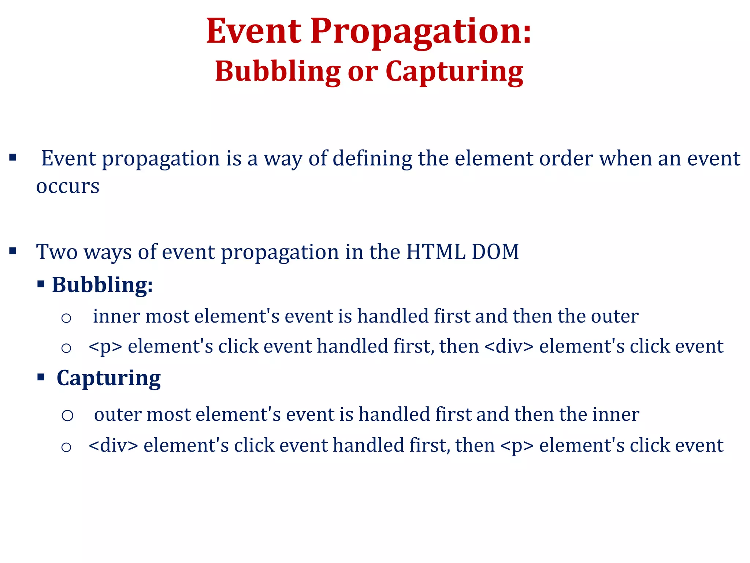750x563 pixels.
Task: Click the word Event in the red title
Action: [x=253, y=32]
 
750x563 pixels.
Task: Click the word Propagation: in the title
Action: [x=421, y=32]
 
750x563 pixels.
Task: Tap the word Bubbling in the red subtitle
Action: [x=278, y=71]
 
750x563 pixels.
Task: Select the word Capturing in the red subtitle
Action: [x=454, y=72]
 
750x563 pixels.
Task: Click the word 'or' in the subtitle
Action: [x=363, y=72]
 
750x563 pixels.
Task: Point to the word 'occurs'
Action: [x=68, y=187]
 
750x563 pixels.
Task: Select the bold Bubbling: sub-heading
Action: [x=102, y=285]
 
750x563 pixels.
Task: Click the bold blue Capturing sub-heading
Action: [x=108, y=378]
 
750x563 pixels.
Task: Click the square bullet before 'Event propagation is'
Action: [x=13, y=158]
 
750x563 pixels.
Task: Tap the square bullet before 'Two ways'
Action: [x=13, y=251]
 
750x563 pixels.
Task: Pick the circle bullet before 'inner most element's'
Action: [x=66, y=318]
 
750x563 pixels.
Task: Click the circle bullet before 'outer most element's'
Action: [x=67, y=416]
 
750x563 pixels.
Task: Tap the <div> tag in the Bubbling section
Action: [x=509, y=346]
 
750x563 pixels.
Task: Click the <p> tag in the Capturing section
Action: [x=516, y=446]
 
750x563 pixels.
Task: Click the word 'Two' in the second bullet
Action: [x=57, y=252]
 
